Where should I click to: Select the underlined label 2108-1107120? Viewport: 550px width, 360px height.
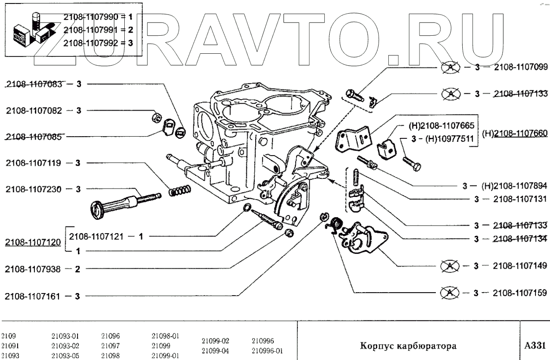point(33,243)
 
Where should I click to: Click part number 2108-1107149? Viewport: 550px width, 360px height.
point(521,266)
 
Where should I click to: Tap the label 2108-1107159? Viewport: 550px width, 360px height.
point(521,292)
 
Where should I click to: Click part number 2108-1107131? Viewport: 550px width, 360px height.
point(521,199)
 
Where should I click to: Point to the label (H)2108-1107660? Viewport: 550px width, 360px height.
point(515,133)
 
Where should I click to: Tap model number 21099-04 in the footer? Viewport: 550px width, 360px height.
point(216,350)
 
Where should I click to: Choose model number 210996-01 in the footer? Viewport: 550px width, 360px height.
point(267,350)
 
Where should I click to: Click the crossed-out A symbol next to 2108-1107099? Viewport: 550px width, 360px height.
point(450,68)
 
